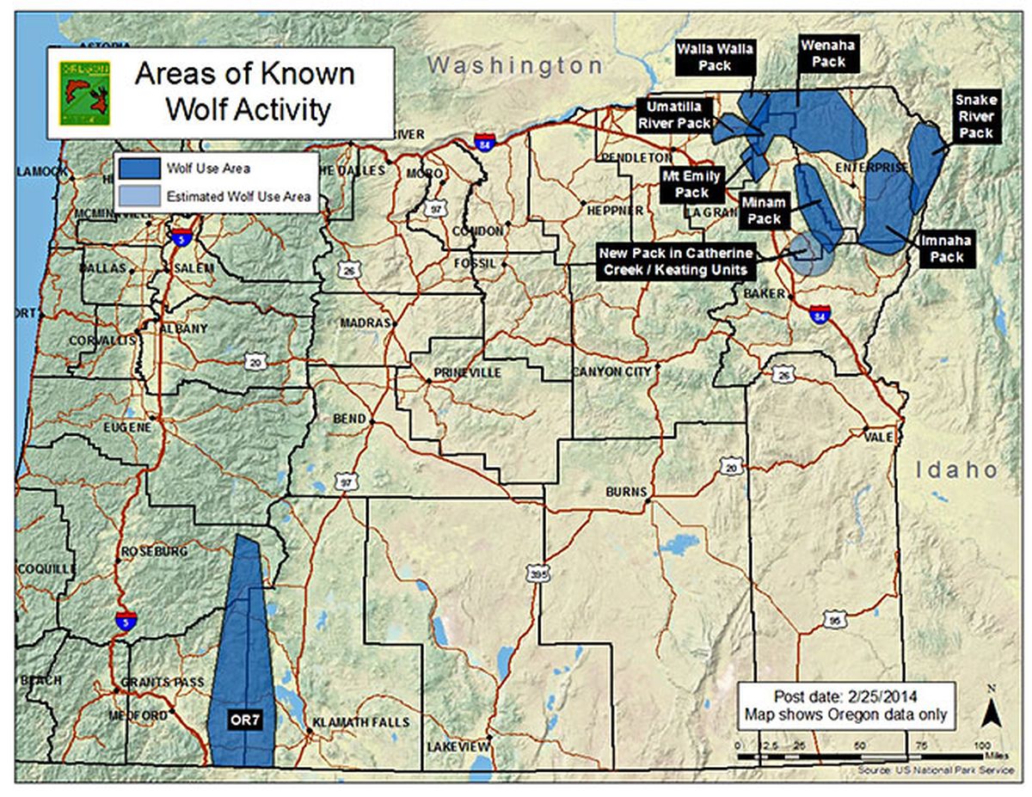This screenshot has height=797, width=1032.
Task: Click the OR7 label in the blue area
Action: pos(244,719)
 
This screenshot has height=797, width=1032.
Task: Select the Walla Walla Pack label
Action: pos(715,57)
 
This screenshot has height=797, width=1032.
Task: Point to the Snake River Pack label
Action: pos(976,117)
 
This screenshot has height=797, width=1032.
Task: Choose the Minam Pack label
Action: pos(764,211)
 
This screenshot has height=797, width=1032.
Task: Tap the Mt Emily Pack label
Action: pos(691,185)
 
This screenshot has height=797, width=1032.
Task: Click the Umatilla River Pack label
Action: pos(675,114)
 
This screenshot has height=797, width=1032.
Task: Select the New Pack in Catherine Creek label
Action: pos(677,261)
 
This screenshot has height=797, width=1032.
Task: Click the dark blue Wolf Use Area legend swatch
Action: pos(139,169)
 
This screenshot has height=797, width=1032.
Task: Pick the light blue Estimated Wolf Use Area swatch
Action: pos(139,196)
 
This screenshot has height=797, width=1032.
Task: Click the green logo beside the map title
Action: pos(84,93)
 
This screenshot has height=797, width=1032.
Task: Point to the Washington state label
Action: pos(514,65)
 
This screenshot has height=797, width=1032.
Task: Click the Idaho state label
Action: pos(955,470)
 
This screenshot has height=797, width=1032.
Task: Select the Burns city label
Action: pos(625,492)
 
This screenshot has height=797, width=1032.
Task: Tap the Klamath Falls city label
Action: pos(360,721)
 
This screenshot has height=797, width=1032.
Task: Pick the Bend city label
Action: pos(349,420)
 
